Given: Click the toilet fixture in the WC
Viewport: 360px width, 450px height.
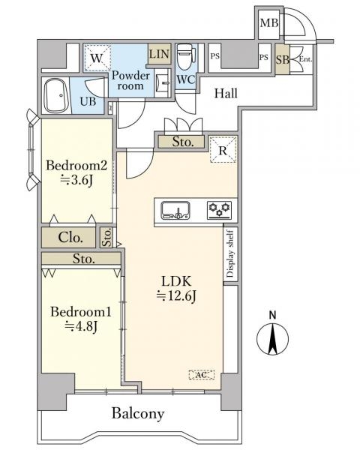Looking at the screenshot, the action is pyautogui.click(x=185, y=58).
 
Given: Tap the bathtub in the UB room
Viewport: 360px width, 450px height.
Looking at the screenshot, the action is pyautogui.click(x=56, y=95).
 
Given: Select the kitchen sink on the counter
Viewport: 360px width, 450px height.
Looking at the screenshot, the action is pyautogui.click(x=175, y=210).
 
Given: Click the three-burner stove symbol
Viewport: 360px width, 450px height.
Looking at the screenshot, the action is pyautogui.click(x=220, y=209).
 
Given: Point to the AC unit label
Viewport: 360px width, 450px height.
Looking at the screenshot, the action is pyautogui.click(x=202, y=375).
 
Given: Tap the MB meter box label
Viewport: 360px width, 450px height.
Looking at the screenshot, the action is pyautogui.click(x=269, y=23).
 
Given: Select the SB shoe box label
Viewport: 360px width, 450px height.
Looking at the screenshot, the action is pyautogui.click(x=283, y=60).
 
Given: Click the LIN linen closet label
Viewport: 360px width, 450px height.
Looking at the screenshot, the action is pyautogui.click(x=159, y=54).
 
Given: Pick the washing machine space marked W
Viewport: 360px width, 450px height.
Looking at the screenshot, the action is pyautogui.click(x=97, y=58).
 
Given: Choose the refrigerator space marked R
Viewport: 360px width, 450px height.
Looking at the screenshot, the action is pyautogui.click(x=223, y=150).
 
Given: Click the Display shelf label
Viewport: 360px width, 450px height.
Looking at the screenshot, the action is pyautogui.click(x=230, y=253).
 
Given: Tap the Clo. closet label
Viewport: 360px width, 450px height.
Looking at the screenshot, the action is pyautogui.click(x=70, y=238).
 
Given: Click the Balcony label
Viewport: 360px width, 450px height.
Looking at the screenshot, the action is pyautogui.click(x=138, y=414).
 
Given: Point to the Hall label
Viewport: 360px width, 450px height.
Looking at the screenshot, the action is pyautogui.click(x=226, y=93).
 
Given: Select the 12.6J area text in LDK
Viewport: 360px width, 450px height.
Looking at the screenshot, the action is pyautogui.click(x=176, y=296).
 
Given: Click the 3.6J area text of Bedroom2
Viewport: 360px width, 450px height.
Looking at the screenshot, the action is pyautogui.click(x=76, y=180).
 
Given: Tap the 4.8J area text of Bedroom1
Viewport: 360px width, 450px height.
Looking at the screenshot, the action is pyautogui.click(x=81, y=325).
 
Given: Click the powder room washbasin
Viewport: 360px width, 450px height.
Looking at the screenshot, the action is pyautogui.click(x=163, y=82).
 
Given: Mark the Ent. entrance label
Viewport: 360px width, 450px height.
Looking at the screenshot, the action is pyautogui.click(x=305, y=59).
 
